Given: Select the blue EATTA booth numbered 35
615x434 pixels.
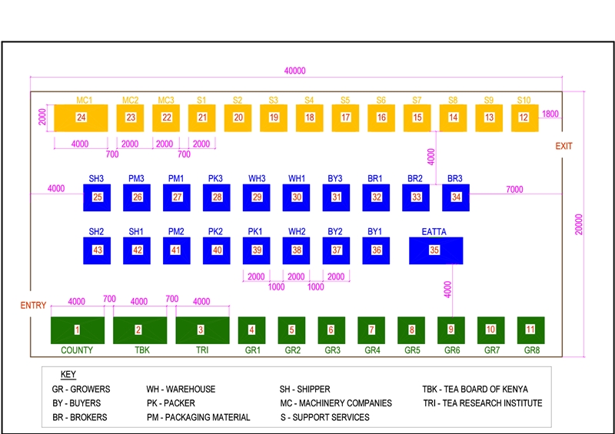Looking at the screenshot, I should tap(435, 250).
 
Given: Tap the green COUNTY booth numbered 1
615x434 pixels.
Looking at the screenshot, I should tap(77, 330).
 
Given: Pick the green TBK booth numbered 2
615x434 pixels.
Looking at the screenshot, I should tap(139, 330).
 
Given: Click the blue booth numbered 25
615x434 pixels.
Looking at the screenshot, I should tap(97, 197).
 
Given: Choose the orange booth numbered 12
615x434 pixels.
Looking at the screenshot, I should tap(524, 118).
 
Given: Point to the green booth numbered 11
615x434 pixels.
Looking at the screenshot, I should tap(530, 330).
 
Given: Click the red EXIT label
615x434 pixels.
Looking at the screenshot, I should tap(563, 146).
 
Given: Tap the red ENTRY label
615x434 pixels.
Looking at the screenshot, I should tap(33, 305).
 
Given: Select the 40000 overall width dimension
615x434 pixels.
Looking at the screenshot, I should tap(294, 71).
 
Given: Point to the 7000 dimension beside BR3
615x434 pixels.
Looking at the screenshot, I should tap(514, 189).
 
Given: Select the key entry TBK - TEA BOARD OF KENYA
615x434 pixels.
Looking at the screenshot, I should tap(475, 389).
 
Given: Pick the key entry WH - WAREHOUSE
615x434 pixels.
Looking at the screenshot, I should tap(181, 389).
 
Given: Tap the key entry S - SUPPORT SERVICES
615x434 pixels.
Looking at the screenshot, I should tap(324, 417).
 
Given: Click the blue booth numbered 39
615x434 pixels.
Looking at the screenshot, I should tap(257, 250).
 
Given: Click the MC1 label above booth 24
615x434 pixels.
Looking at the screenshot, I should tap(84, 100).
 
